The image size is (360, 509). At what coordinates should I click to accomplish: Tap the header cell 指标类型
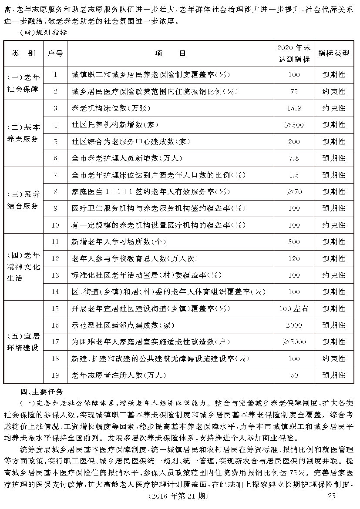[x=334, y=54]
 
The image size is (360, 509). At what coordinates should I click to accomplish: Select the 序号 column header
[x=55, y=54]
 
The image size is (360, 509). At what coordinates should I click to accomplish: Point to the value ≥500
[x=294, y=125]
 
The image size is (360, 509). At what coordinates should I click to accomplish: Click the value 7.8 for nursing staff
[x=294, y=158]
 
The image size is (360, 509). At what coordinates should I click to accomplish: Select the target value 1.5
[x=294, y=175]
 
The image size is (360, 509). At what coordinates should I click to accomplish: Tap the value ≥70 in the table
[x=294, y=191]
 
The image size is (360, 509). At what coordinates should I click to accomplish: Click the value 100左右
[x=294, y=308]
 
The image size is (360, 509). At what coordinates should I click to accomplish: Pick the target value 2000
[x=294, y=325]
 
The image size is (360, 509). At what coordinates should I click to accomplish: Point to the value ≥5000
[x=294, y=342]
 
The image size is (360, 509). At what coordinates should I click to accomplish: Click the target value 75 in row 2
[x=294, y=92]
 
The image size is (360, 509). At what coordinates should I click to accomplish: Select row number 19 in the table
[x=55, y=375]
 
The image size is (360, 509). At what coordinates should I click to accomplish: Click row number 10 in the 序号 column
[x=55, y=225]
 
